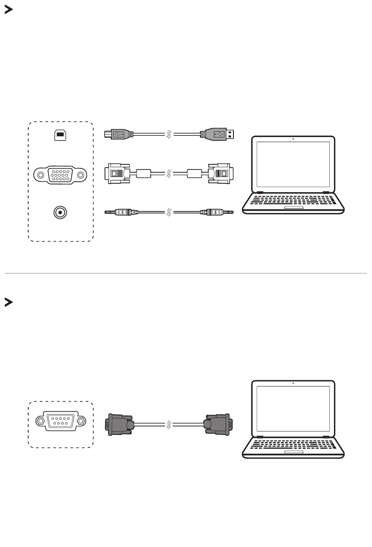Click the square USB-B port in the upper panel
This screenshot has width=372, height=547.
click(60, 135)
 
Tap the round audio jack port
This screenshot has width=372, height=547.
click(60, 212)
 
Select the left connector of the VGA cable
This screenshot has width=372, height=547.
click(117, 173)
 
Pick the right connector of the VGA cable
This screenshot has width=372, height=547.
click(220, 173)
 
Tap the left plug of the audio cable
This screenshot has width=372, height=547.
click(121, 212)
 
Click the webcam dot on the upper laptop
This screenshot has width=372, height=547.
click(293, 139)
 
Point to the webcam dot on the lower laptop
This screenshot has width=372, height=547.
click(293, 383)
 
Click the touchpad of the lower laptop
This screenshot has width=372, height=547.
click(293, 451)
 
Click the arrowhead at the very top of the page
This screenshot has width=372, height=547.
click(8, 10)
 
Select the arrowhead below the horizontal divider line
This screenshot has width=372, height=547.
click(8, 302)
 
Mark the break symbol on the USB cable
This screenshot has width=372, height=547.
click(169, 135)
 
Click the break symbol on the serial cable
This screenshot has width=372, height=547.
click(169, 424)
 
